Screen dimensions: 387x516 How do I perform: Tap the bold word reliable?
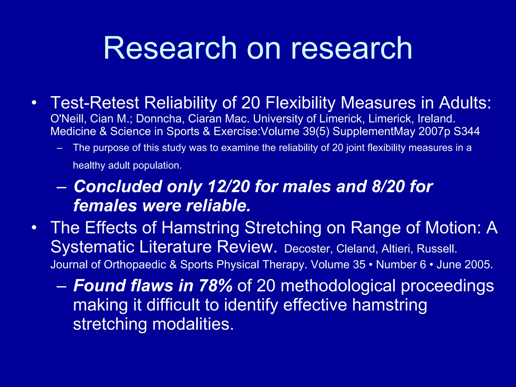218,206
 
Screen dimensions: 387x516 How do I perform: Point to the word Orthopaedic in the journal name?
135,265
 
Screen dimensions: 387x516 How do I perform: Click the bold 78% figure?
215,286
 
